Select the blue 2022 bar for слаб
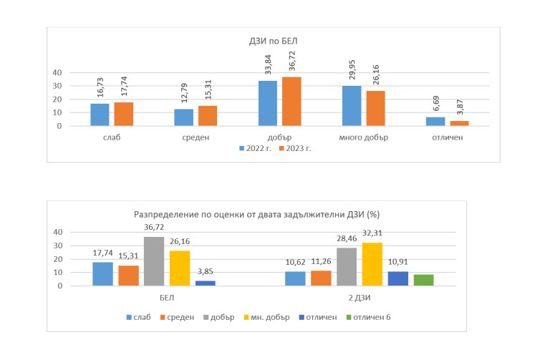click(x=99, y=115)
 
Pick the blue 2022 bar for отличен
click(x=435, y=122)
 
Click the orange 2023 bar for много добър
click(x=375, y=109)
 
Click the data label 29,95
click(x=350, y=72)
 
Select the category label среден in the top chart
click(x=192, y=137)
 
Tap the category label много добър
click(x=362, y=137)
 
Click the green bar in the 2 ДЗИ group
click(x=423, y=280)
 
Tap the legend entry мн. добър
click(x=269, y=317)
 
